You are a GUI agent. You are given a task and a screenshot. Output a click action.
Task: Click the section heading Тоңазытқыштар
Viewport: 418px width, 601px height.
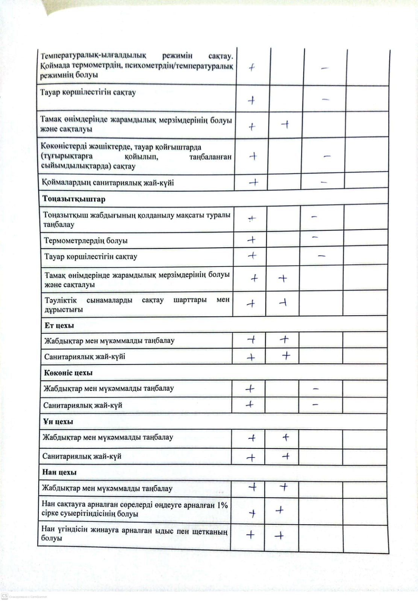click(x=74, y=199)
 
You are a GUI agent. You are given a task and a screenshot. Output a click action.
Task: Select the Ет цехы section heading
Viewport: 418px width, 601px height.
click(x=59, y=325)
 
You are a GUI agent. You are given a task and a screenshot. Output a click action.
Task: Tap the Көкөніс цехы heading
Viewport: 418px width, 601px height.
click(x=68, y=373)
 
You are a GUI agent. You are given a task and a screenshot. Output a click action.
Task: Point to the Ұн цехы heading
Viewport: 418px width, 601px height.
click(x=58, y=422)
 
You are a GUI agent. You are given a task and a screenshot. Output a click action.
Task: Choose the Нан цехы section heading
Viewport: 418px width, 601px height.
click(x=59, y=472)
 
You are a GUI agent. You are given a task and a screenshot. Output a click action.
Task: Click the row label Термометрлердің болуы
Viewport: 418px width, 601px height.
click(x=86, y=241)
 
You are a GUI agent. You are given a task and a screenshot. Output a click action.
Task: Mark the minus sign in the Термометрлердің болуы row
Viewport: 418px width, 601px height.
click(x=315, y=238)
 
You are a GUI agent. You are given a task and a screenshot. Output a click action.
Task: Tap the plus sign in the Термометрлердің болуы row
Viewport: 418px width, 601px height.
click(x=251, y=240)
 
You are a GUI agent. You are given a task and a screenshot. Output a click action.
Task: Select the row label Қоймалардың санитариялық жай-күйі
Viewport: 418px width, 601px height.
click(x=108, y=183)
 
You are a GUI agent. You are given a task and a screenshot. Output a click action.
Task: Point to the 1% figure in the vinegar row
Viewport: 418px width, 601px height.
click(x=222, y=505)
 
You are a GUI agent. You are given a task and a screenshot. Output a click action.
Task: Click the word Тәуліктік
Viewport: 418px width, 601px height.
click(x=61, y=300)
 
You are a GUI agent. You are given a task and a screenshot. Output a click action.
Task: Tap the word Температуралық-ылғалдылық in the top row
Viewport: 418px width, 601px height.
click(x=94, y=56)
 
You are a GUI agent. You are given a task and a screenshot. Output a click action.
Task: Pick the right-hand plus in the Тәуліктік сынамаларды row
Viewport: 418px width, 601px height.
click(x=283, y=302)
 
